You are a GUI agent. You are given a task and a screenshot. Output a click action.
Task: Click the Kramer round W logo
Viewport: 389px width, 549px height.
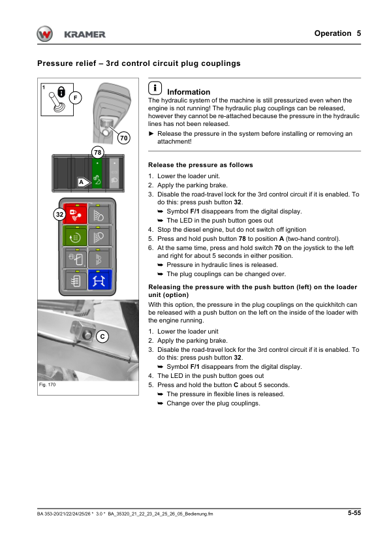click(x=45, y=34)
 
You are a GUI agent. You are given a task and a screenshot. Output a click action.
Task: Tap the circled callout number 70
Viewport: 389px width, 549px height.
click(x=123, y=138)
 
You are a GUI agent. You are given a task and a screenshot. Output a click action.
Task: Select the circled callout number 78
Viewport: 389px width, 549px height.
click(x=98, y=152)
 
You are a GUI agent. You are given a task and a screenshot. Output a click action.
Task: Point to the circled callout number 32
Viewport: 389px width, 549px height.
click(x=60, y=214)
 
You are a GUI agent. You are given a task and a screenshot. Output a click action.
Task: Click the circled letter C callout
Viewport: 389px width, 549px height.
click(x=102, y=336)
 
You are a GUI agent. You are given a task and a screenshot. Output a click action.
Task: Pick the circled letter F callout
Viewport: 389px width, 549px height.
click(x=75, y=98)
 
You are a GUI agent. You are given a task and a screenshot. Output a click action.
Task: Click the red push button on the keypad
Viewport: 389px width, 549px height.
click(x=75, y=214)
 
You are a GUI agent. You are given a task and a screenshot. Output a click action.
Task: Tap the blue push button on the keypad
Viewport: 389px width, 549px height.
click(x=100, y=280)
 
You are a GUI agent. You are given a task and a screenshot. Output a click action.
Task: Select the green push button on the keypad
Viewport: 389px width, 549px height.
click(x=75, y=236)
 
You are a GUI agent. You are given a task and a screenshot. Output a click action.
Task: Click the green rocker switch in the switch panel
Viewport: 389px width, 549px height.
click(x=97, y=173)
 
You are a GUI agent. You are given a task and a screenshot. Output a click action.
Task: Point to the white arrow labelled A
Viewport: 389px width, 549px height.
click(x=84, y=182)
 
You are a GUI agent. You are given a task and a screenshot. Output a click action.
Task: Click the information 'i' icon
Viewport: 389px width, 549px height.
click(x=155, y=88)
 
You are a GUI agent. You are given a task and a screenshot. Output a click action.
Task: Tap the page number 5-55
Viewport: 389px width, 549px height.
click(x=354, y=513)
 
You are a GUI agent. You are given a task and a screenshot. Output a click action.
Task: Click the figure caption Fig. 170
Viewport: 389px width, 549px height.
click(x=47, y=384)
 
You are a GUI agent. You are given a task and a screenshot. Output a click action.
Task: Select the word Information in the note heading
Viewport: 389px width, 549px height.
click(x=189, y=92)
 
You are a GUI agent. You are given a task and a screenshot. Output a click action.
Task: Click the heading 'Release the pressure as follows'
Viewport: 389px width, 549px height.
click(x=200, y=165)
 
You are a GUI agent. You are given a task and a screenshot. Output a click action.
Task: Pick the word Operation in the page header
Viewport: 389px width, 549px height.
click(x=333, y=33)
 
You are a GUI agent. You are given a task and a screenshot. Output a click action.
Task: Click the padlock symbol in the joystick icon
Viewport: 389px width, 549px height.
click(x=61, y=92)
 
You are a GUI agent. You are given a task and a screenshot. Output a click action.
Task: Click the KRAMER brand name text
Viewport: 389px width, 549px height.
click(x=85, y=35)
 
